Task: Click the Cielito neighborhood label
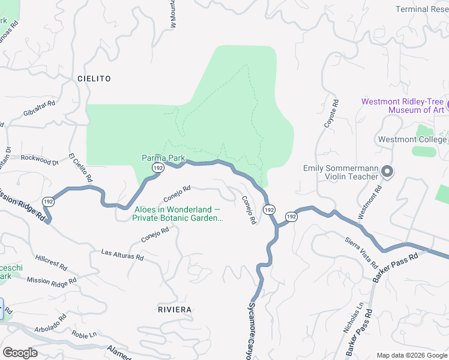94,79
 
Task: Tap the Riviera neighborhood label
174,309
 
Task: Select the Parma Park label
163,158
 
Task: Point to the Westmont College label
412,139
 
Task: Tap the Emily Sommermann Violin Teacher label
340,172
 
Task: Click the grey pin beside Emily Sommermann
387,172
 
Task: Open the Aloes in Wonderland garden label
178,214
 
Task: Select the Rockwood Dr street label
39,160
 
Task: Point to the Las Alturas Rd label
122,254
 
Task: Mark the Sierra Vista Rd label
360,251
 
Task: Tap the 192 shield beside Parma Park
158,169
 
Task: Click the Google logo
20,352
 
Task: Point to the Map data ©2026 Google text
412,355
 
